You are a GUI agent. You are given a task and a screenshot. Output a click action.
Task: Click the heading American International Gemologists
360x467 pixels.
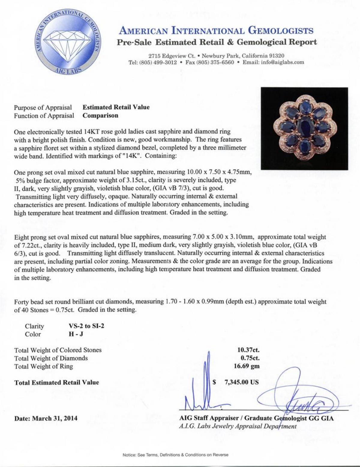[216, 31]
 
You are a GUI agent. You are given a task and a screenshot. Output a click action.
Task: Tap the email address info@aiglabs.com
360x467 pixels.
[283, 62]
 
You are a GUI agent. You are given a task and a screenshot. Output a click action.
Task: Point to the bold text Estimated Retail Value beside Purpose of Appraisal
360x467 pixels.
[116, 107]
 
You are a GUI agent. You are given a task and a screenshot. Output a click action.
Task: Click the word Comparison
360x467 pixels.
[100, 115]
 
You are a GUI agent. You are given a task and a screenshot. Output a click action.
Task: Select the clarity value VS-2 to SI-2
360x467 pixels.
[86, 326]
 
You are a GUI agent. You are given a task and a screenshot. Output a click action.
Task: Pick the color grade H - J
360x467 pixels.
[76, 334]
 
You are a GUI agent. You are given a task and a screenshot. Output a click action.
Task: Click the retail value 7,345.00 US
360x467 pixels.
[241, 382]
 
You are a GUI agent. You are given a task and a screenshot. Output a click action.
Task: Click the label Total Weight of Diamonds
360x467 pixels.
[51, 358]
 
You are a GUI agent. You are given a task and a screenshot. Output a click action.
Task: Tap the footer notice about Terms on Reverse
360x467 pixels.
[175, 455]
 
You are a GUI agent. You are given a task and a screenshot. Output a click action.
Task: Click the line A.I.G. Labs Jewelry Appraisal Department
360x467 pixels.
[238, 426]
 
